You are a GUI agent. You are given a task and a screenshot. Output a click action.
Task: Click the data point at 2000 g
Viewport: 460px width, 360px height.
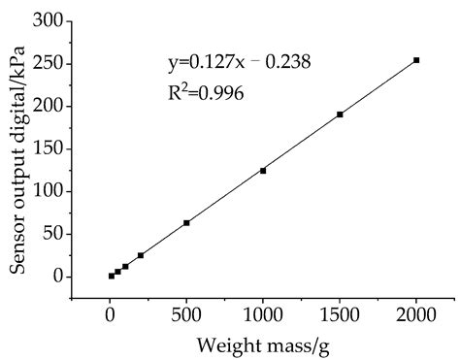[x=416, y=60]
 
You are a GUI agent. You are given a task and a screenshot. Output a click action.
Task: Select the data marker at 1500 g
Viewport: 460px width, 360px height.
[x=340, y=115]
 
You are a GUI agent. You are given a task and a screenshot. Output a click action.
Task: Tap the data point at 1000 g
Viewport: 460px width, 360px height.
[x=263, y=171]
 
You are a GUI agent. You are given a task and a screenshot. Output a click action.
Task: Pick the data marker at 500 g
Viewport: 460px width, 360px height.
[x=186, y=222]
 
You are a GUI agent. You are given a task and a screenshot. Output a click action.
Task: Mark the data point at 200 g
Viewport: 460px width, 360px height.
[x=141, y=255]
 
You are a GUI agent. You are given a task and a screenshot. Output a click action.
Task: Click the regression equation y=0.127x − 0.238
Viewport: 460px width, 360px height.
[x=239, y=65]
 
